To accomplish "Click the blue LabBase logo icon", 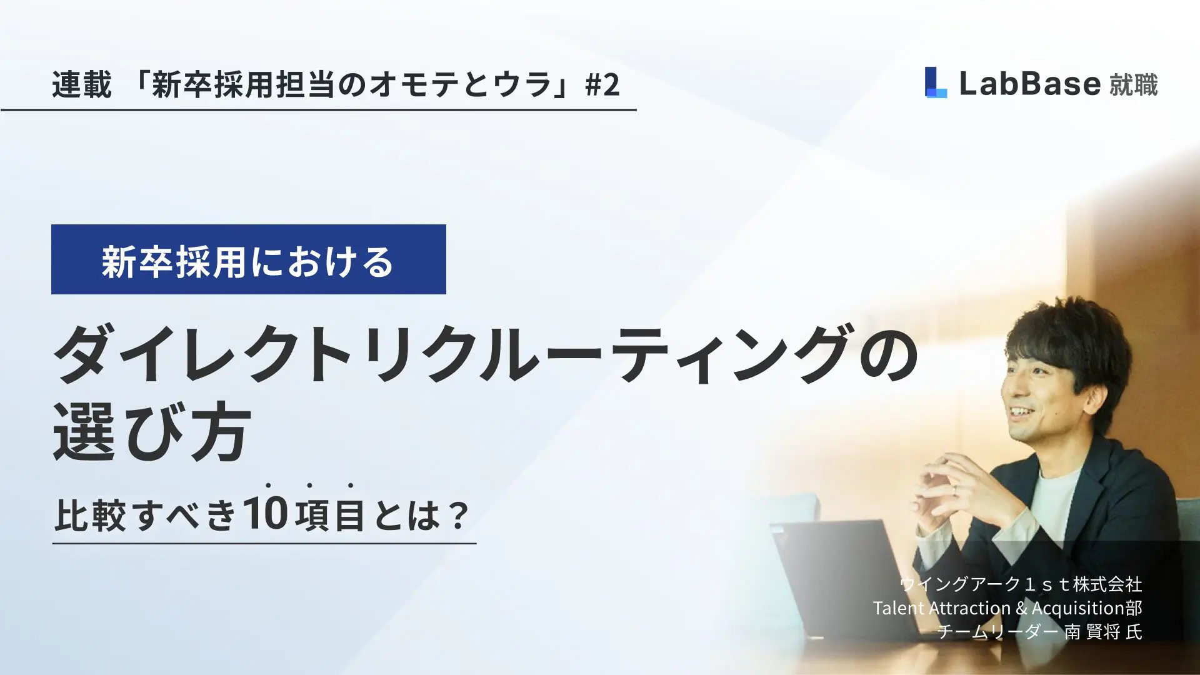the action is click(x=936, y=82).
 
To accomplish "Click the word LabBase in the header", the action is click(x=1029, y=84).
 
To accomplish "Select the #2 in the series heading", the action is click(x=602, y=84).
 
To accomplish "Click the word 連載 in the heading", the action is click(x=82, y=84).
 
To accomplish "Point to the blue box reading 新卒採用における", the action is click(x=249, y=259).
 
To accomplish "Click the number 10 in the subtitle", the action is click(x=266, y=514).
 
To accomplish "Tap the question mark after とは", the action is click(x=459, y=516).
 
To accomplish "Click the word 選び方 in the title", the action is click(x=152, y=432).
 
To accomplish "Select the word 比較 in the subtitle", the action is click(x=91, y=516).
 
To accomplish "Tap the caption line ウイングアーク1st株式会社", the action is click(x=1021, y=584).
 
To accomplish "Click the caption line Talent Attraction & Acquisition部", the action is click(x=1007, y=608).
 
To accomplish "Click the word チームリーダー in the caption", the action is click(x=998, y=632).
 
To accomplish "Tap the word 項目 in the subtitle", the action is click(x=329, y=516).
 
